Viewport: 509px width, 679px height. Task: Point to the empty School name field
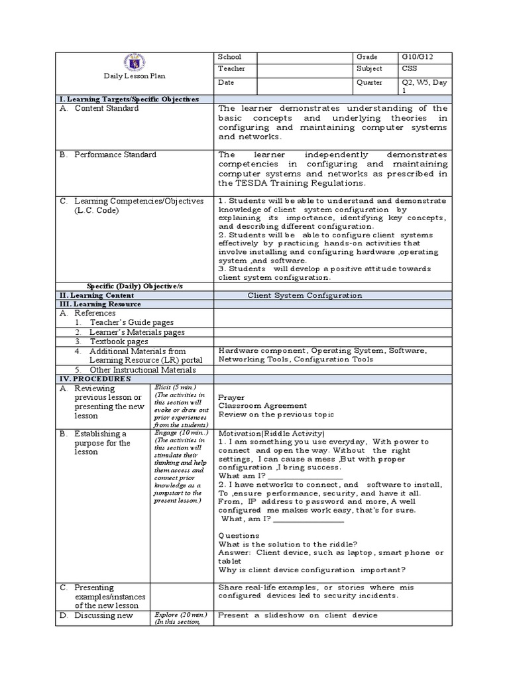coord(303,57)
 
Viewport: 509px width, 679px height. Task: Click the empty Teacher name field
coord(303,69)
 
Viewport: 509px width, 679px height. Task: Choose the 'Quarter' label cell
coord(369,83)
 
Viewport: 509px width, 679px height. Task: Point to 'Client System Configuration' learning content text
coord(305,296)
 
